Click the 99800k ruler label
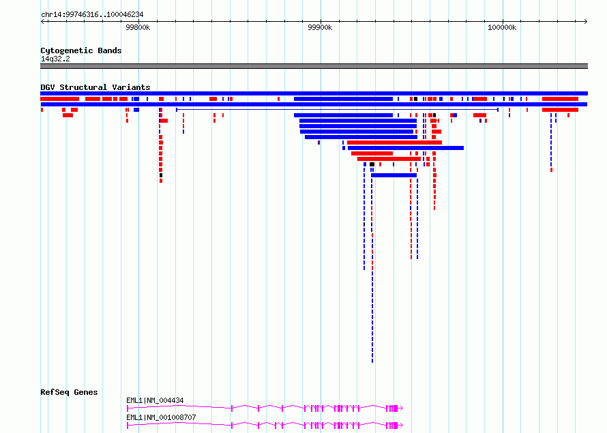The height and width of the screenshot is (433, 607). (138, 27)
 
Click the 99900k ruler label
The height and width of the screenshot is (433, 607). (320, 27)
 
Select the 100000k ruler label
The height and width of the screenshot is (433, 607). (502, 27)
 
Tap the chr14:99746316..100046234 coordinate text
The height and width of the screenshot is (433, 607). (92, 15)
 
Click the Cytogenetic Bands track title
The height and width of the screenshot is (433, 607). (81, 50)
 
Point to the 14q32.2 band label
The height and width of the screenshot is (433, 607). (55, 59)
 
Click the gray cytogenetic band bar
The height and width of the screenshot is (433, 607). (314, 66)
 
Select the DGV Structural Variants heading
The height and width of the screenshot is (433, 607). (95, 87)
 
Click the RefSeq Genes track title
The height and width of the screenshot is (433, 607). (69, 392)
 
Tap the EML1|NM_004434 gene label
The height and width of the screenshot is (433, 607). (155, 400)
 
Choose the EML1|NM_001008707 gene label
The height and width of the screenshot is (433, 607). (161, 417)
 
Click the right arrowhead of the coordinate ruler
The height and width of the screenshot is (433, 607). (586, 22)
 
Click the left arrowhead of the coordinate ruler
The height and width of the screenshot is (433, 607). (42, 22)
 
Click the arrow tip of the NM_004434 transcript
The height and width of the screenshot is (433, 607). (402, 408)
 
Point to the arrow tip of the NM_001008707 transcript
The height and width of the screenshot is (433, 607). (402, 425)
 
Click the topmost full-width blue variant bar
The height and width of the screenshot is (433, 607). (314, 93)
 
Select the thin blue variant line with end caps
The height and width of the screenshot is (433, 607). (337, 110)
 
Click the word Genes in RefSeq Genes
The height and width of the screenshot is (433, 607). (85, 392)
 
